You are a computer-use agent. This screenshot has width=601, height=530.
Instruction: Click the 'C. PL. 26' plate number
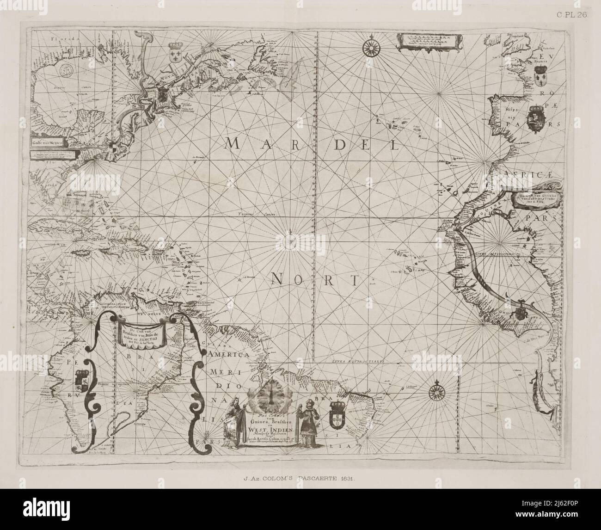[571, 5]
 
